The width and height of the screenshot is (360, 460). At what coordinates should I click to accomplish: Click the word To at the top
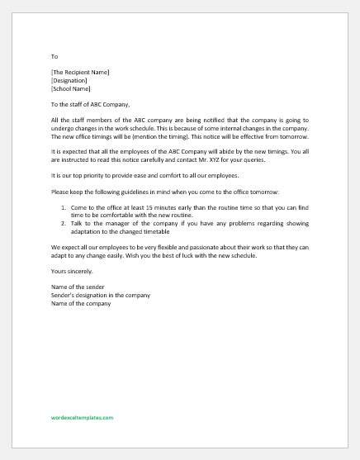coord(54,57)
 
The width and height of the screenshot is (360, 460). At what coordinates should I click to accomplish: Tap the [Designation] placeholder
coord(69,81)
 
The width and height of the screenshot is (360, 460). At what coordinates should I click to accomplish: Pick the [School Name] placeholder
coord(70,88)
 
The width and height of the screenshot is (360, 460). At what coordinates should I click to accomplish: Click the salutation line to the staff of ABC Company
coord(101,105)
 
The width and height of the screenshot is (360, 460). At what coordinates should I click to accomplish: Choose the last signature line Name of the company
coord(80,303)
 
